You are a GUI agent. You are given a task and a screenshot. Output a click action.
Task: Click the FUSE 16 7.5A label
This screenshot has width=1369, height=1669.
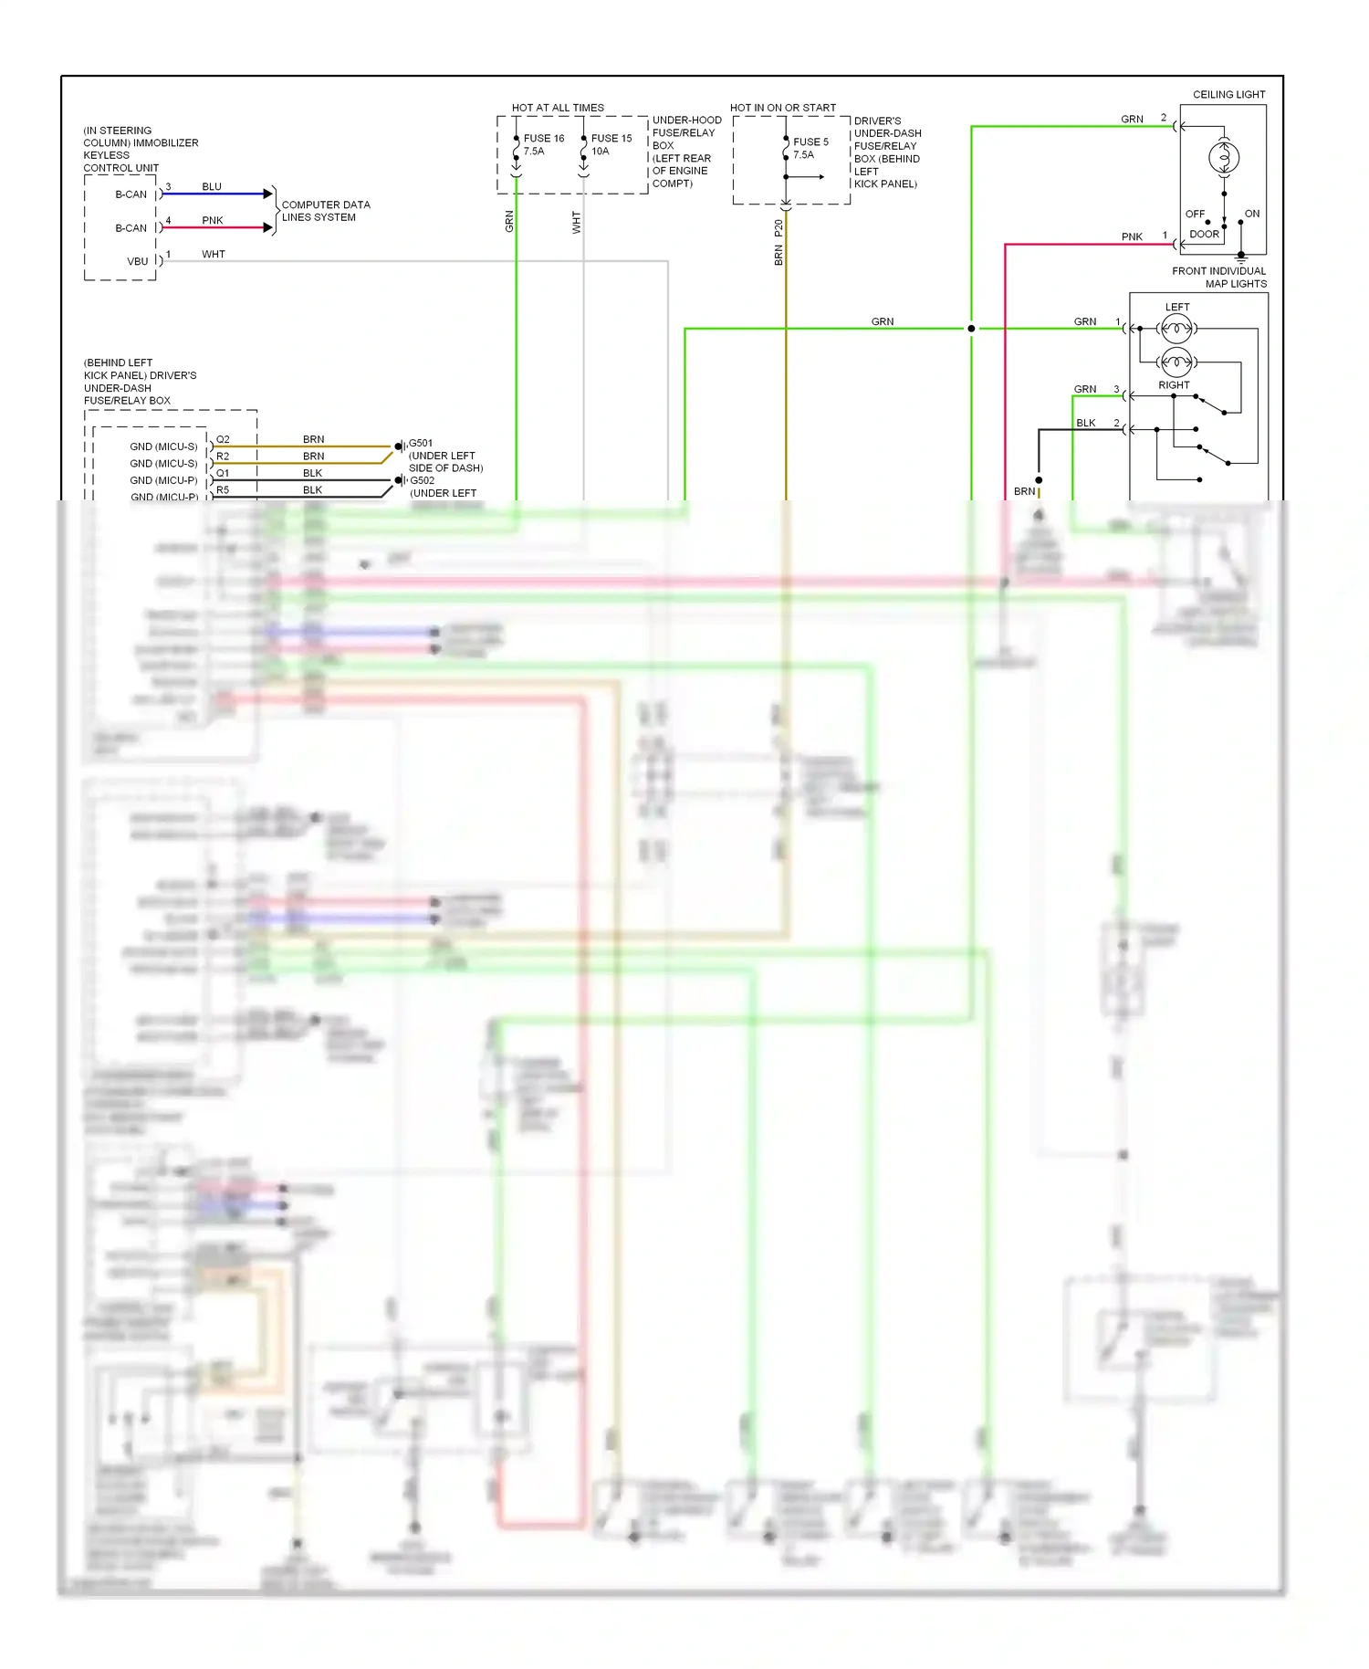[x=543, y=144]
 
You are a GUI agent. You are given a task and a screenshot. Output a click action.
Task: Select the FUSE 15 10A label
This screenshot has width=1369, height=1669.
[x=611, y=144]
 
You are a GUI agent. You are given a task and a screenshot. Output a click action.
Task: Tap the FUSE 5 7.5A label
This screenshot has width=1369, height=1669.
[x=810, y=148]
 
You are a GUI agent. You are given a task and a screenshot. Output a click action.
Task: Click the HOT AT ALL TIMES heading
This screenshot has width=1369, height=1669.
[x=558, y=108]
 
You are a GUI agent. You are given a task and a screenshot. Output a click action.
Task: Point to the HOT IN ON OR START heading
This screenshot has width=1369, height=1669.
[x=782, y=108]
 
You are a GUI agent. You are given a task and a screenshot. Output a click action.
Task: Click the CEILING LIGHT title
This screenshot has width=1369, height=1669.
[x=1228, y=95]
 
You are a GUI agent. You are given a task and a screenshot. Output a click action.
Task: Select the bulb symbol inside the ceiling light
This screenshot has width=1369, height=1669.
[x=1224, y=158]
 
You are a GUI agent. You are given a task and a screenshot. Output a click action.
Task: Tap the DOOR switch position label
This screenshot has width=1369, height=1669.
[x=1204, y=235]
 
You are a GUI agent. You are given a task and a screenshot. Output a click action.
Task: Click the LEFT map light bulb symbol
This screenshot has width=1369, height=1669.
[x=1176, y=328]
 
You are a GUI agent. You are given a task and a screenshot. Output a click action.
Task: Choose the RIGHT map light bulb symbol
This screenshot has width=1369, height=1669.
[x=1176, y=362]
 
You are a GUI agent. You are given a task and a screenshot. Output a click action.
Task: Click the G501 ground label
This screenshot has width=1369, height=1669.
[x=421, y=444]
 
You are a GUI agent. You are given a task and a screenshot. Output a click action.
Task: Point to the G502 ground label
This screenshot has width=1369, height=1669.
[x=422, y=480]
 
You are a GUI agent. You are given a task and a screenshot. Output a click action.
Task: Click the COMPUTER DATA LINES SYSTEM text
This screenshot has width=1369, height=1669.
[x=325, y=211]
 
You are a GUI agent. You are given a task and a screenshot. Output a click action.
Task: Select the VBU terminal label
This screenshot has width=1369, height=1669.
[x=137, y=261]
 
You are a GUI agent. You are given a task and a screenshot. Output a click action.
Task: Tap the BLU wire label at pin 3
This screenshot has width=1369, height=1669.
[x=212, y=187]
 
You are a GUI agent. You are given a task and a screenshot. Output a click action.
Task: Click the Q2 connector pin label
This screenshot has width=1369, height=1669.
[x=223, y=440]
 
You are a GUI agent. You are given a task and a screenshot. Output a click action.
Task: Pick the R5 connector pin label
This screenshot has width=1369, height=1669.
[x=223, y=490]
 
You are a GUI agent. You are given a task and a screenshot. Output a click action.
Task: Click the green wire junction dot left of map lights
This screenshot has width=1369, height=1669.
[x=971, y=329]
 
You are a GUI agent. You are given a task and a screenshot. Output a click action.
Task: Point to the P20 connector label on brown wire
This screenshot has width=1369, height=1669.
[x=779, y=228]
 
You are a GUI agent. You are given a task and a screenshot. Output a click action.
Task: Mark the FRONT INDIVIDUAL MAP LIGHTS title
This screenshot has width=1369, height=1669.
[x=1219, y=278]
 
